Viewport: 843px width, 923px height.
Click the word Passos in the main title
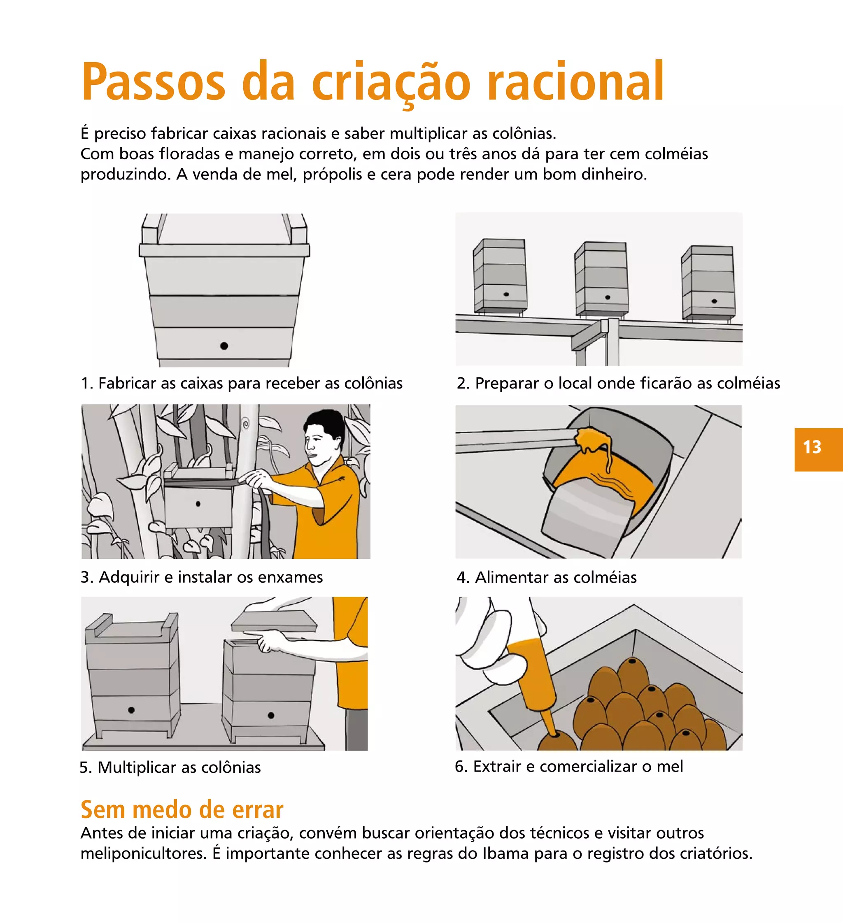click(154, 82)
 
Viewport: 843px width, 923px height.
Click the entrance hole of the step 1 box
click(224, 346)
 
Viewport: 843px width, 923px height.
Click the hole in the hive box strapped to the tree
click(198, 504)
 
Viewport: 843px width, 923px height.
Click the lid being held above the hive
click(274, 621)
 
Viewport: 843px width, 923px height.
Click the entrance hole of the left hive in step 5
click(131, 710)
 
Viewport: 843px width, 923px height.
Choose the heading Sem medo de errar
click(182, 810)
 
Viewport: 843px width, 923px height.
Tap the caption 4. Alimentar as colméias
click(546, 578)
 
